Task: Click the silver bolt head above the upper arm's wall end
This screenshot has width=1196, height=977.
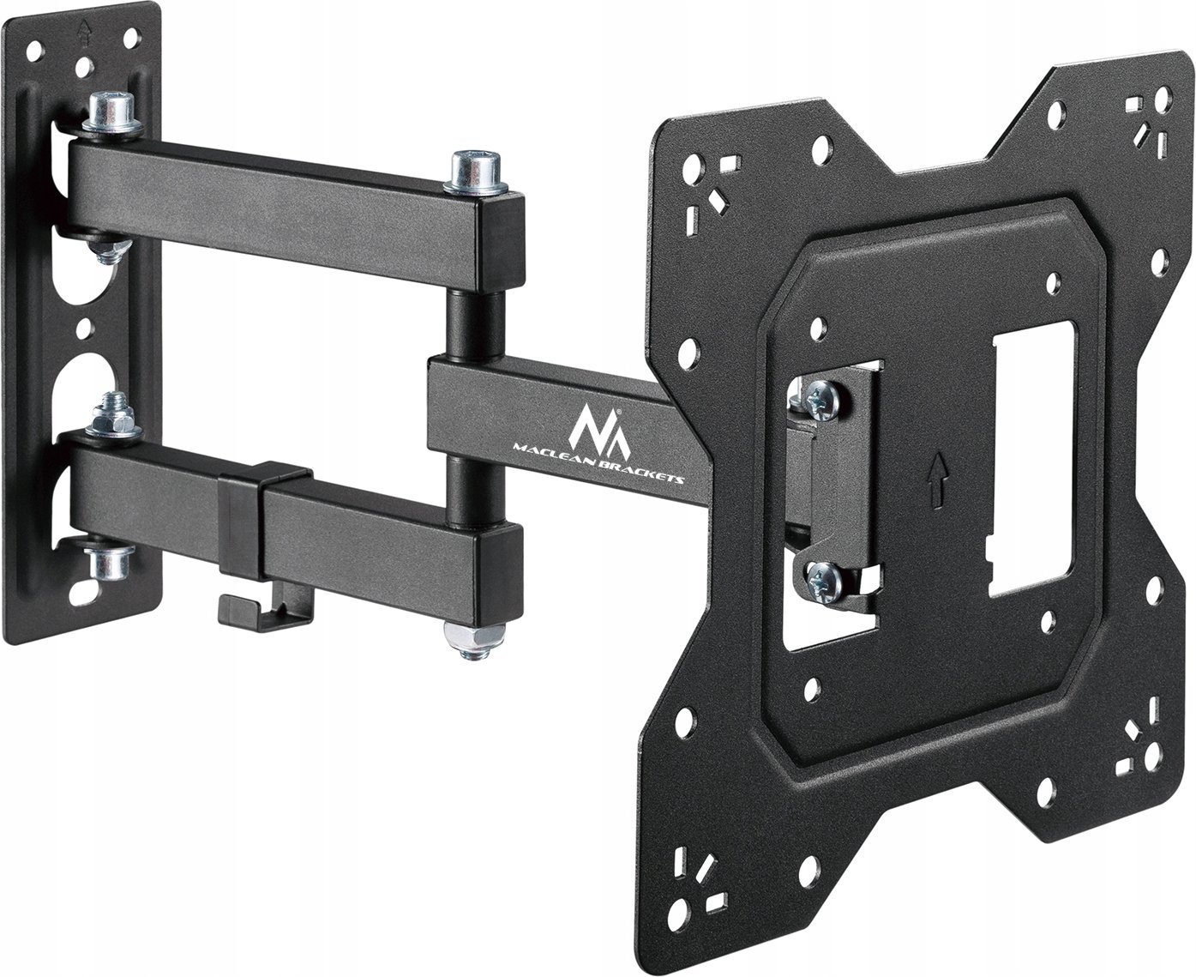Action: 113,112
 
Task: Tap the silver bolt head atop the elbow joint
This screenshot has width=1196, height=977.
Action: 475,172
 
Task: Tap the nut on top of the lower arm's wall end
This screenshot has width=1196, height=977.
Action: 112,415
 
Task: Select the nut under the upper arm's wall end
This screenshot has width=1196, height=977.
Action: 107,251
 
